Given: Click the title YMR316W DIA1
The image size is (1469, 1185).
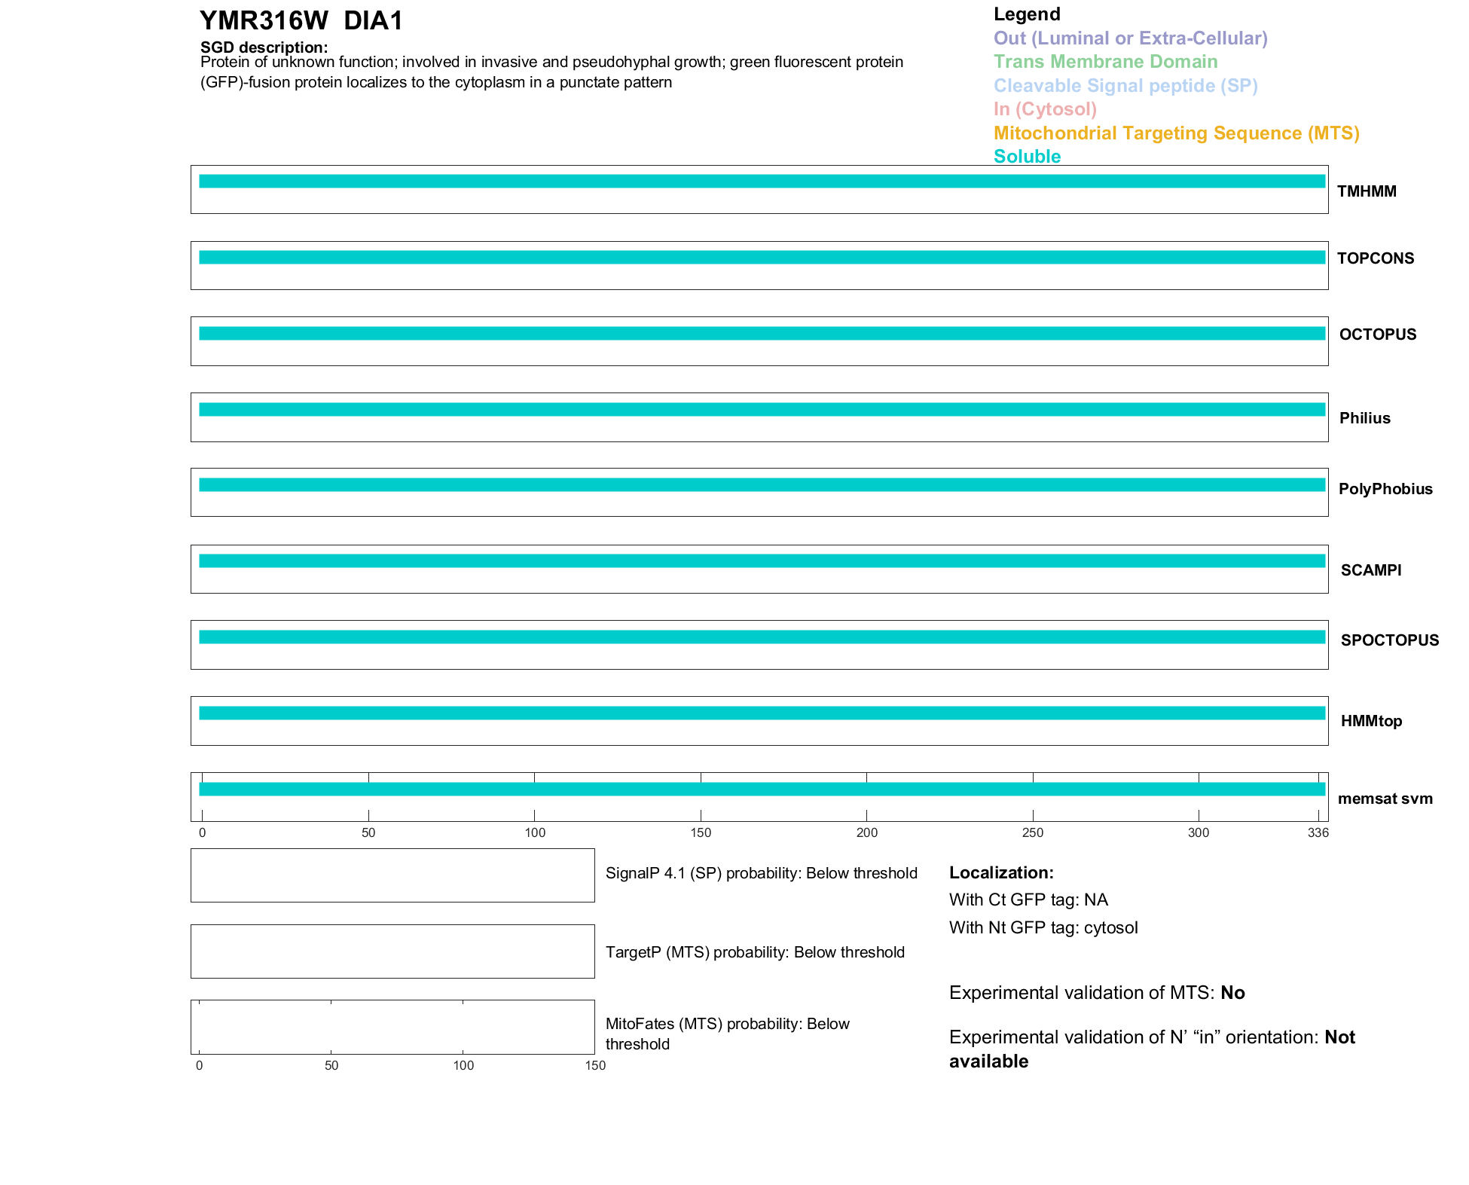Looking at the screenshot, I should coord(301,21).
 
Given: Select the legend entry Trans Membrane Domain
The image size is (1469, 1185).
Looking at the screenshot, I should coord(1105,62).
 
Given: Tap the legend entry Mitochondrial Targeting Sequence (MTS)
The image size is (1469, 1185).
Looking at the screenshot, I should coord(1176,133).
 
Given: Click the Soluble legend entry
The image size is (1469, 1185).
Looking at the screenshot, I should coord(1027,157).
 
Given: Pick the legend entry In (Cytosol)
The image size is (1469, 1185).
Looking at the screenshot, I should coord(1045,109).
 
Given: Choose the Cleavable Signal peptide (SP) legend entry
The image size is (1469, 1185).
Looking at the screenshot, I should coord(1125,86).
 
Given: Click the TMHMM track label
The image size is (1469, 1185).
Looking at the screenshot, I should coord(1367,191).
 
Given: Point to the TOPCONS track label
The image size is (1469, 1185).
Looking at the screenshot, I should coord(1376,258).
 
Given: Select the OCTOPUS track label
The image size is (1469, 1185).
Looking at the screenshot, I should coord(1378,334).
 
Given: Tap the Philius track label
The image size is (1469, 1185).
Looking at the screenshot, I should coord(1365,418).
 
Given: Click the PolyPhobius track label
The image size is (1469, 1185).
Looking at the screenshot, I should coord(1385,489).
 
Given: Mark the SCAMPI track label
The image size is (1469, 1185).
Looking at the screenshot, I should coord(1371,570).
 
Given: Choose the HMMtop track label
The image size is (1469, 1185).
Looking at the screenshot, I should coord(1371,721).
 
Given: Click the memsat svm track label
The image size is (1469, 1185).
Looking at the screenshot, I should coord(1385,799).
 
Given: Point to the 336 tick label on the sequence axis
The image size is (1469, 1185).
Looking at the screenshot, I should coord(1318,832).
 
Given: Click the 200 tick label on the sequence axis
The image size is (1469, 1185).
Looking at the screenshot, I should coord(867,832).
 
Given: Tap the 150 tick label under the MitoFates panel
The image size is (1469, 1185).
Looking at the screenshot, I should coord(595,1065).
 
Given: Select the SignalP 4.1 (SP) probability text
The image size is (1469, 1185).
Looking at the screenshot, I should coord(761,873).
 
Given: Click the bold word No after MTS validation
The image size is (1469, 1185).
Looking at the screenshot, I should coord(1232,993).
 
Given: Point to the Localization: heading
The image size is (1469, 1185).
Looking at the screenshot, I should coord(1001,872).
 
